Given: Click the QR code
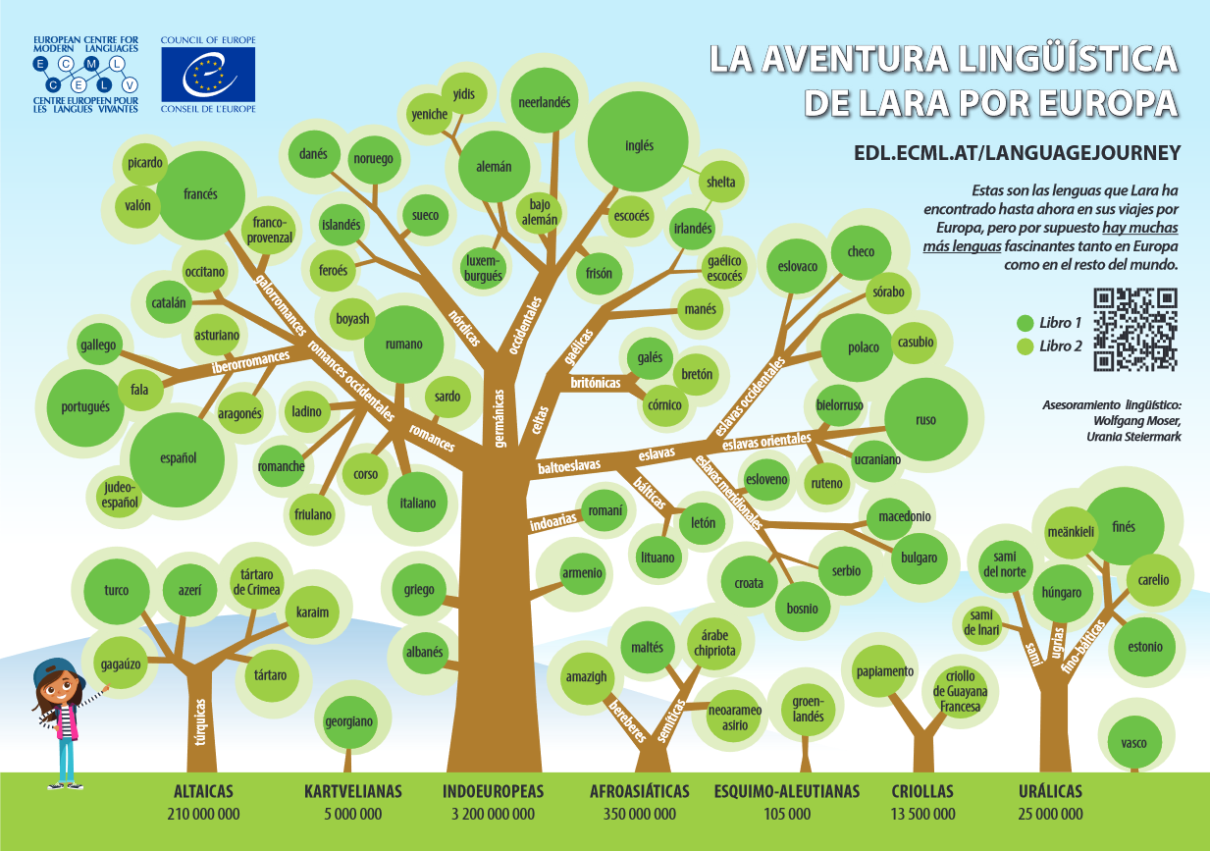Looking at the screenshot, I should (1134, 329).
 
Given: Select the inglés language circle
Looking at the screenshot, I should (639, 145).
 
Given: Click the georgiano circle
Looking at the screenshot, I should (348, 721).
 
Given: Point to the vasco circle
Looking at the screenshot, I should (1133, 743).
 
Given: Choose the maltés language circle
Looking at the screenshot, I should (648, 648).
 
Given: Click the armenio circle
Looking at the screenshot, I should (582, 573).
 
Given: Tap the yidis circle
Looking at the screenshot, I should (464, 94).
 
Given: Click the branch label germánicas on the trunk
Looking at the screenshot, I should (500, 418).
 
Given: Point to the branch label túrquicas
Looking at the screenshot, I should (200, 722).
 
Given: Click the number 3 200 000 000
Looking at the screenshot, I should (493, 814).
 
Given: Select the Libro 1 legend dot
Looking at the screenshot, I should (1025, 322).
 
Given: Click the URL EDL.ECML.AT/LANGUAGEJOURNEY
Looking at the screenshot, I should (1017, 152).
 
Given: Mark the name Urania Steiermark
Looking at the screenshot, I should (1133, 436).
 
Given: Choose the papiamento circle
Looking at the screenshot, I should (884, 672).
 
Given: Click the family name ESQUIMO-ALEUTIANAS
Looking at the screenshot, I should (787, 791).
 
